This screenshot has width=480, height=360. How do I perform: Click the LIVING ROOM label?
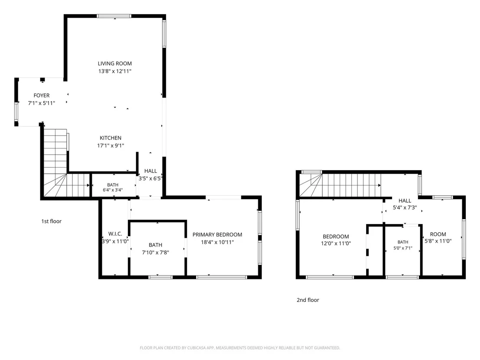(x=115, y=63)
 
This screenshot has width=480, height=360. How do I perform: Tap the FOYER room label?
(x=42, y=95)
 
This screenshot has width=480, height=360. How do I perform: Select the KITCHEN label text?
(x=110, y=138)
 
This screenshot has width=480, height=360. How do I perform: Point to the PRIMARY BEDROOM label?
(x=217, y=234)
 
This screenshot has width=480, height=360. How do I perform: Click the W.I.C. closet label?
(x=115, y=234)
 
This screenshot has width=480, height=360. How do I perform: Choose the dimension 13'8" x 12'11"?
(x=115, y=71)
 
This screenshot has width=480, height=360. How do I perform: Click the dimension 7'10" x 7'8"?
(x=156, y=253)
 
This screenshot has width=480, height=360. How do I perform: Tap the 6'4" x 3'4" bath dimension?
(x=113, y=190)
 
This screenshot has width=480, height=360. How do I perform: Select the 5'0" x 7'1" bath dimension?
(x=403, y=248)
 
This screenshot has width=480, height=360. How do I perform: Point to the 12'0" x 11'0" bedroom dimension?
(x=336, y=243)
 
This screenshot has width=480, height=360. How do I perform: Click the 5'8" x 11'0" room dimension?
(x=438, y=241)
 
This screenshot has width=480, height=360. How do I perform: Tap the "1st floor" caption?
(x=52, y=221)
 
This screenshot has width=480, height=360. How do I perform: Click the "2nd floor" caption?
(x=308, y=300)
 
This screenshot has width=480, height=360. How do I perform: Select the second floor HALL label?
(x=405, y=201)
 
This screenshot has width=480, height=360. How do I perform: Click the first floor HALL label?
(x=151, y=171)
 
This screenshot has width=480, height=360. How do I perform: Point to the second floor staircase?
(x=340, y=185)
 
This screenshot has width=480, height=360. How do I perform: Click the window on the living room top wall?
(x=114, y=16)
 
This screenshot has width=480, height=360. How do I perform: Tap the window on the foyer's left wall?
(x=16, y=112)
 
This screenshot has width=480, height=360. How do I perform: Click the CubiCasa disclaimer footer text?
(x=240, y=348)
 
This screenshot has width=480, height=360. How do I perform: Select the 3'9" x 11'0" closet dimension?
(x=115, y=241)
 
